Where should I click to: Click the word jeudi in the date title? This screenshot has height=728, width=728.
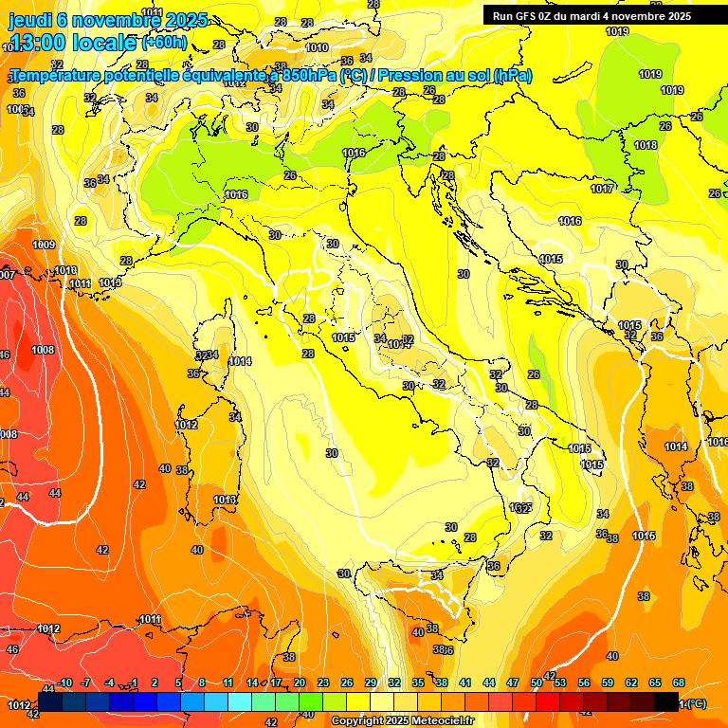30,20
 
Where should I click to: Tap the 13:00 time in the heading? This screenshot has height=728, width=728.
37,42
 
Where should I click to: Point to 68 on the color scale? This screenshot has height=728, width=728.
678,682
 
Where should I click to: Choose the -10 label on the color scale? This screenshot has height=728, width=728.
65,682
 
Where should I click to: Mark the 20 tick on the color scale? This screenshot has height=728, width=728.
300,682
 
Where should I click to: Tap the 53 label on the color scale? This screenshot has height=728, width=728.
560,682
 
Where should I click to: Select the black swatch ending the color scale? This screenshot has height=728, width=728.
666,701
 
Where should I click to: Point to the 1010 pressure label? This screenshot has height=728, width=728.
317,47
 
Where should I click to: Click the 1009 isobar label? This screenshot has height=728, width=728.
44,245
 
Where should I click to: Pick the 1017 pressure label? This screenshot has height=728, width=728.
601,189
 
